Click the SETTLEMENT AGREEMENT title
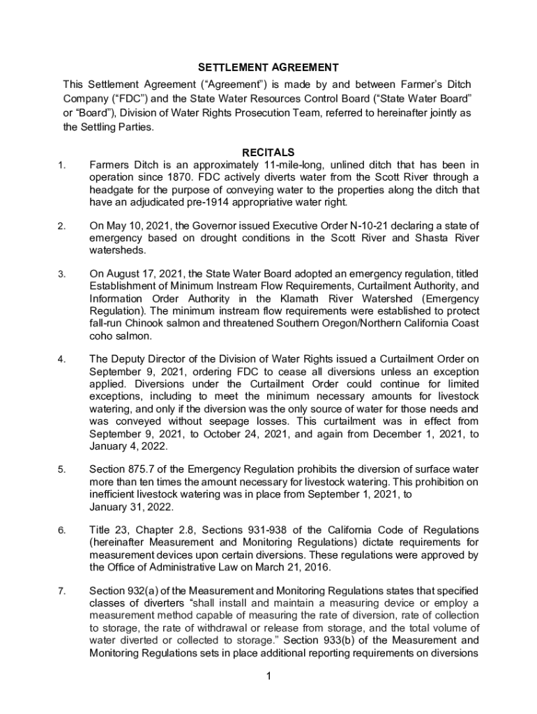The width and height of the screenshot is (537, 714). point(268,68)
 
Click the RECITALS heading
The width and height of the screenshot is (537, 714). point(268,152)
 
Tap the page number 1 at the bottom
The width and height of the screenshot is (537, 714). point(268,676)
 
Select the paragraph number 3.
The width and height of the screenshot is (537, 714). point(62,274)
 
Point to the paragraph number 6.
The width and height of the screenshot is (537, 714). point(62,531)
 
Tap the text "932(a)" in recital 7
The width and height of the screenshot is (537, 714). point(144,591)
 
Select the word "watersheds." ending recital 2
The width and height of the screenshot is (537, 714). point(116,250)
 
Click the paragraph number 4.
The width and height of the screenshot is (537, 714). point(62,359)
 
